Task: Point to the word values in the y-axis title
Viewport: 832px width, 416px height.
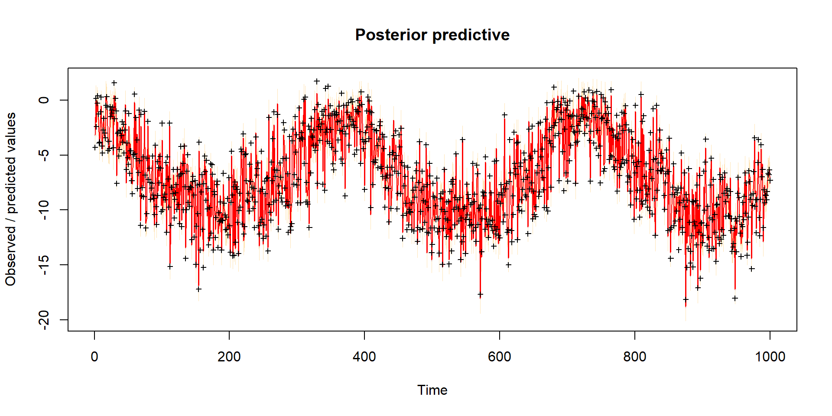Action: [11, 130]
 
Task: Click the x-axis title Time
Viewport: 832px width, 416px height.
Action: [432, 390]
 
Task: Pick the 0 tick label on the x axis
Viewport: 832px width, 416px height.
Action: [94, 357]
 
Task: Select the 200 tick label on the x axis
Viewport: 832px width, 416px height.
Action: [229, 357]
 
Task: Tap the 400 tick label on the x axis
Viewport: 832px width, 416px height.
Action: [364, 357]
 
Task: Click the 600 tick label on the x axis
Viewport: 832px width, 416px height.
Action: [499, 357]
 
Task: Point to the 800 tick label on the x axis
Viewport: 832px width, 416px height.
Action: [634, 357]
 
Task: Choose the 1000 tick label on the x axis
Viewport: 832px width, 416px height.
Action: [770, 357]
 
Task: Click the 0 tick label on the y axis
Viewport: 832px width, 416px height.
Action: [44, 100]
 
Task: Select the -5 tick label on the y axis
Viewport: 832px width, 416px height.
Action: [44, 155]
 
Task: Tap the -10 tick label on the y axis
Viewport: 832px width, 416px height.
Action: [44, 210]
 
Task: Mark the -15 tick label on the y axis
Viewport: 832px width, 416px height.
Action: [44, 265]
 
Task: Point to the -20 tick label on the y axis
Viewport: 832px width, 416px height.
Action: [44, 320]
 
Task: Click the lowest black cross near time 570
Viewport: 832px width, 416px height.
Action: [480, 295]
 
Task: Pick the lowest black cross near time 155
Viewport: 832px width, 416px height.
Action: [198, 289]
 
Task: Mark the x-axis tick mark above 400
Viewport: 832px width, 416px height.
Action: [364, 335]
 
